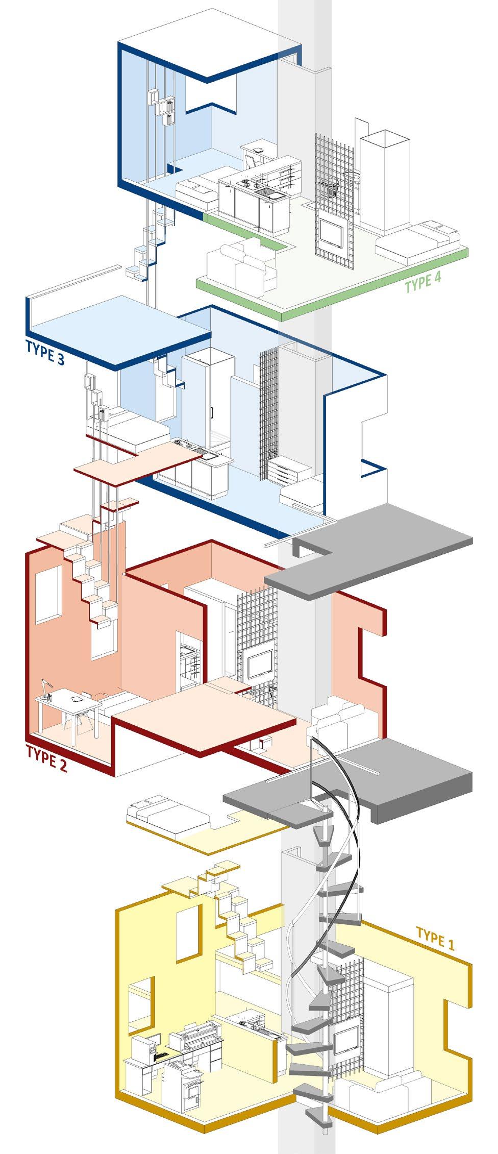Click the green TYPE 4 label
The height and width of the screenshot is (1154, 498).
422,282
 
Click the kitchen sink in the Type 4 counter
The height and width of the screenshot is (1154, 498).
266,192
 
